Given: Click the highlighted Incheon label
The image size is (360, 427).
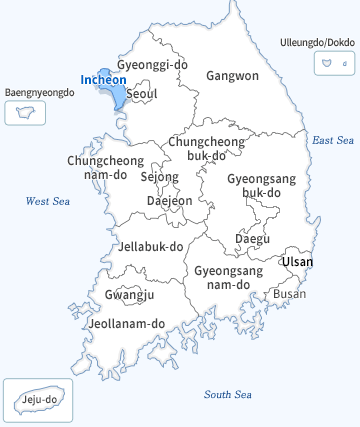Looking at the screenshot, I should (x=102, y=79).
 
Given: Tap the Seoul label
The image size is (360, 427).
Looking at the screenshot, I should (x=142, y=94).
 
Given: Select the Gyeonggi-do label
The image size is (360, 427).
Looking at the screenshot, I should (x=152, y=65).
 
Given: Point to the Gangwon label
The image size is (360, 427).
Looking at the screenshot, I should (x=232, y=75).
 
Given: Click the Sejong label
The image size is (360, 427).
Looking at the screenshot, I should (x=159, y=177).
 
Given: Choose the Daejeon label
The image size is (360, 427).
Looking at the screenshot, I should (x=169, y=200).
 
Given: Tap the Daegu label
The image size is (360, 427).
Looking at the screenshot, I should (x=252, y=239).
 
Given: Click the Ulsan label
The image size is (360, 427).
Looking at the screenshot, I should (x=297, y=262).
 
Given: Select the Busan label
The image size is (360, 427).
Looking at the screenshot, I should (x=289, y=293).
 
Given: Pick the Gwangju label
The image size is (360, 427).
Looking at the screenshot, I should (x=129, y=295).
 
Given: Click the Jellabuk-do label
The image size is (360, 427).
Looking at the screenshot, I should (x=151, y=246).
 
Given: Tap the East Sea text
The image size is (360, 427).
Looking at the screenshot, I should (x=333, y=141).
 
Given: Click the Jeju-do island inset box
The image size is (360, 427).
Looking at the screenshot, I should (x=32, y=402).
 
